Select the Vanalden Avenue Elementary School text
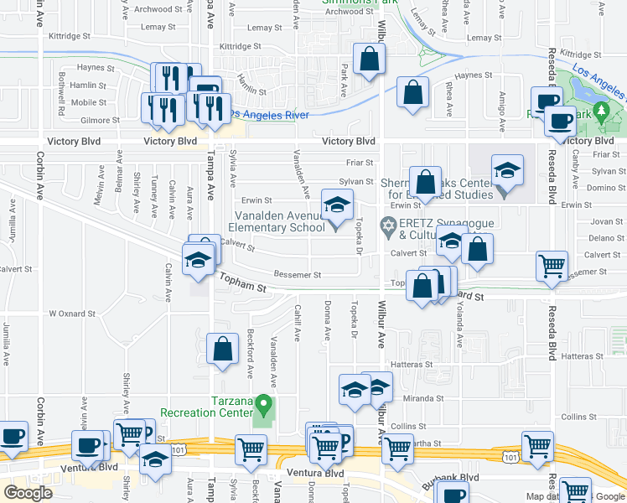[276, 221]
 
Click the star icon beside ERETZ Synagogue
[388, 225]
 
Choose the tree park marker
[601, 111]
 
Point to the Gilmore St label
[100, 121]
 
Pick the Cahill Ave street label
[297, 322]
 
